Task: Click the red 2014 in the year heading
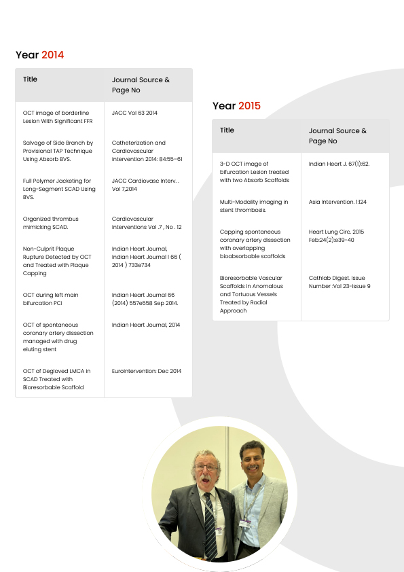pyautogui.click(x=52, y=55)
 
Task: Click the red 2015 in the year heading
pyautogui.click(x=249, y=106)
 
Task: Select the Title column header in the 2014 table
pyautogui.click(x=31, y=79)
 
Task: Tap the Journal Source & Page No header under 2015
pyautogui.click(x=337, y=136)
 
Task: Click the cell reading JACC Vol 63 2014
pyautogui.click(x=134, y=113)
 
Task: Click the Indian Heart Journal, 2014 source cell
pyautogui.click(x=146, y=325)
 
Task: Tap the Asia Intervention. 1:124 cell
pyautogui.click(x=337, y=202)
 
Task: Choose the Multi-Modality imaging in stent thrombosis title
pyautogui.click(x=254, y=206)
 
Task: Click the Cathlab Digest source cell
pyautogui.click(x=339, y=282)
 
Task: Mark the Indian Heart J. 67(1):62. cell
pyautogui.click(x=339, y=164)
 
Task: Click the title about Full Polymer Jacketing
pyautogui.click(x=57, y=189)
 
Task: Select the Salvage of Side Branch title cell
pyautogui.click(x=58, y=151)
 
